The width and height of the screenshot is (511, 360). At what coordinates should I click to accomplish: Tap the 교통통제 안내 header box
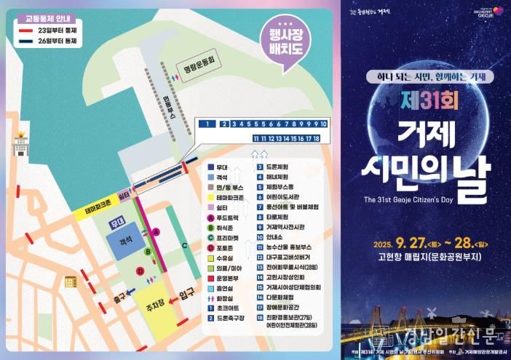[x=44, y=20]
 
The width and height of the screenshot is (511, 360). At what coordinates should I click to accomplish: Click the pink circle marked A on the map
[x=155, y=232]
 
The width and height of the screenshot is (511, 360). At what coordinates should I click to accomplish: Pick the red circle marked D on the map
[x=140, y=271]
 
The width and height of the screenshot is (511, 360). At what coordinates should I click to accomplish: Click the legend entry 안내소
[x=275, y=236]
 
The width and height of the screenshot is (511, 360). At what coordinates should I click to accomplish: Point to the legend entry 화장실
[x=228, y=297]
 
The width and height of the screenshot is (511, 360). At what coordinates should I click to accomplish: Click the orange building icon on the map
[x=70, y=281]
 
